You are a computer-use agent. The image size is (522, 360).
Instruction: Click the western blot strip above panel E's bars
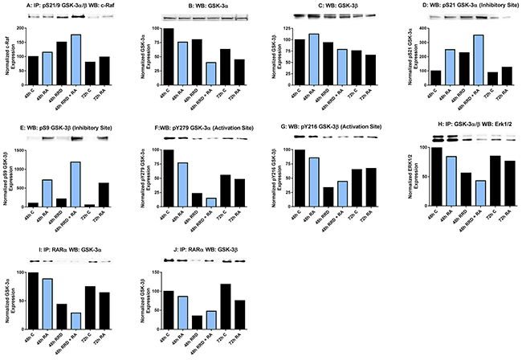[x=64, y=138]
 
